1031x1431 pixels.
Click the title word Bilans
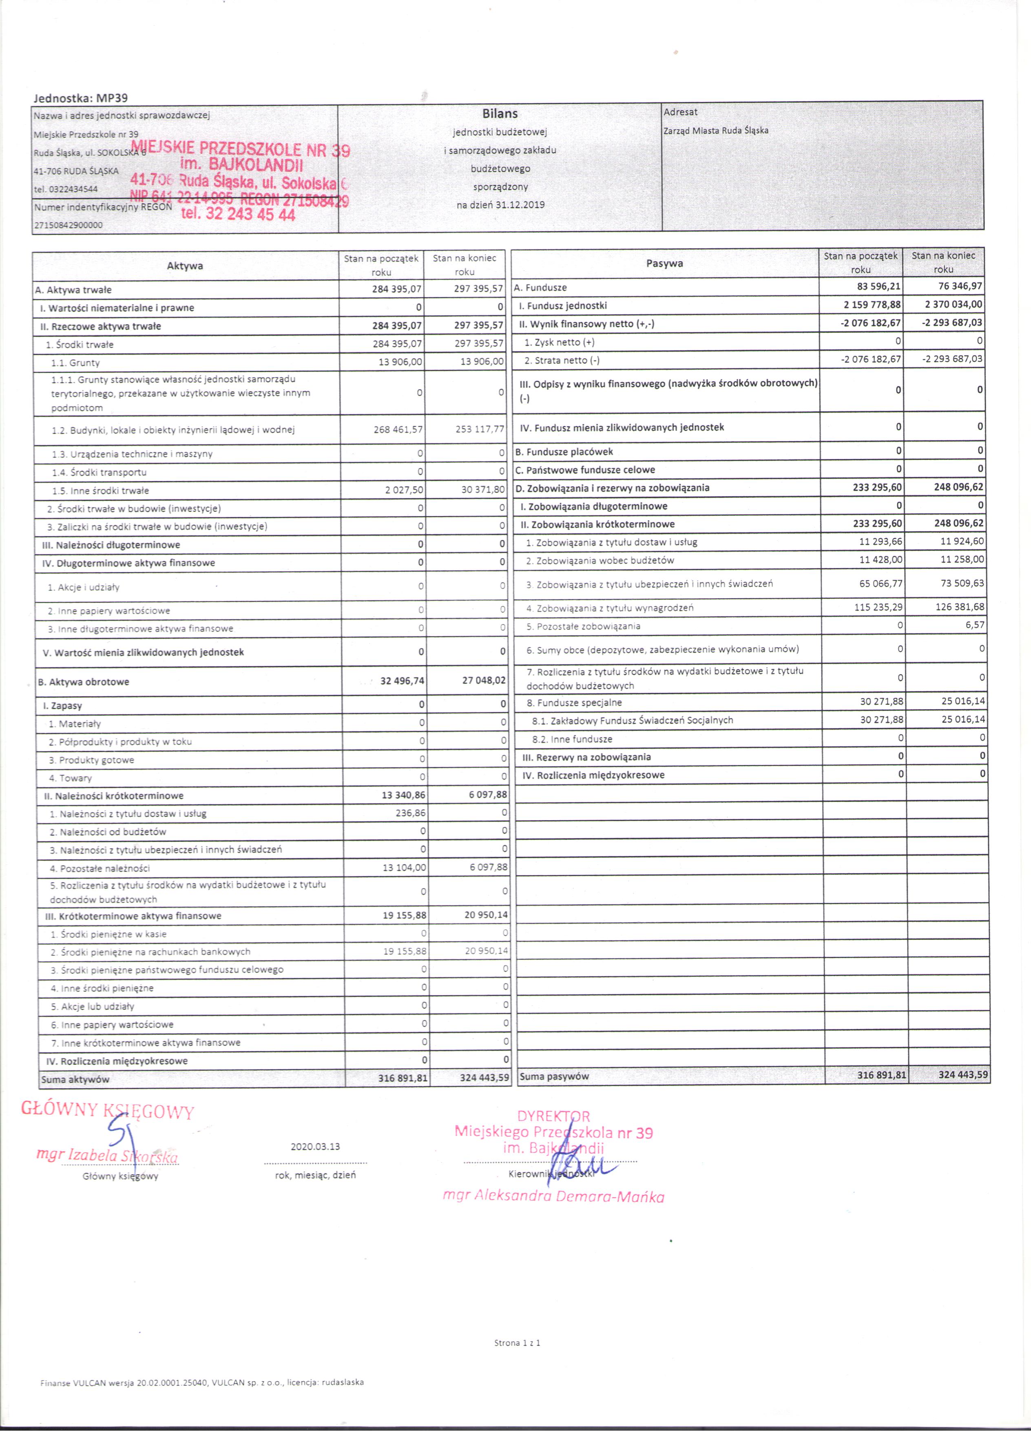pos(500,113)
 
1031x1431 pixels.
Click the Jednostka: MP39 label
pos(81,98)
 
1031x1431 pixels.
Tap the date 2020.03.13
pos(315,1147)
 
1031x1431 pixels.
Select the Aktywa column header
pos(185,266)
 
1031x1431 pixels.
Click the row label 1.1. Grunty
pos(76,363)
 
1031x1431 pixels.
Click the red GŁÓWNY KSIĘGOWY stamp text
pos(108,1110)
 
